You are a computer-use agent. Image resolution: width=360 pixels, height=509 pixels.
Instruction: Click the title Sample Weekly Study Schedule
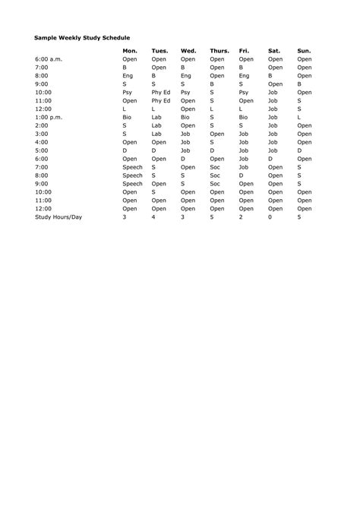(82, 36)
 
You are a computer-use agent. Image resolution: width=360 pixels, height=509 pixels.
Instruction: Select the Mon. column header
(130, 51)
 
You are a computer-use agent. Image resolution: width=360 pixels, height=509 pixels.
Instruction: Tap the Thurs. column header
(219, 51)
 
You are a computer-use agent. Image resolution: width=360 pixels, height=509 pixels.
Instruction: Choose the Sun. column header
(304, 51)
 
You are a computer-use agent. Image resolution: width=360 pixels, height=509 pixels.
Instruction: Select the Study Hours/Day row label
(58, 217)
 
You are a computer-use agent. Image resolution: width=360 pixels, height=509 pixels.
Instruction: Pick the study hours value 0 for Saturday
(270, 217)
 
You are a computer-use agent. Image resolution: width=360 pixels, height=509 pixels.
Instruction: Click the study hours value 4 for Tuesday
(153, 217)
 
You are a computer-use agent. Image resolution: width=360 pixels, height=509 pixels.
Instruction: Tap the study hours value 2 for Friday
(241, 217)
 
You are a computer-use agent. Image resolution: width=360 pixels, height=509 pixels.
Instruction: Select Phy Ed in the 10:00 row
(161, 92)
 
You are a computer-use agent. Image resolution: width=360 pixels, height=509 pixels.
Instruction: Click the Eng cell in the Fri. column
(244, 75)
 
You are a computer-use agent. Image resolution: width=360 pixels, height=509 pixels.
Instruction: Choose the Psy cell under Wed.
(185, 92)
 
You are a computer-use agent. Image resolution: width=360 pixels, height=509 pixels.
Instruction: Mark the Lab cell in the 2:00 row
(157, 125)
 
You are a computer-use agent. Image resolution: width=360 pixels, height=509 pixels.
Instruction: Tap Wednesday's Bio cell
(185, 117)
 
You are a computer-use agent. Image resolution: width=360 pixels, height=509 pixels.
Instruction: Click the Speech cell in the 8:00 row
(132, 175)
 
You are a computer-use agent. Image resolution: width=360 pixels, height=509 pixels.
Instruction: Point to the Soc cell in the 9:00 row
(215, 184)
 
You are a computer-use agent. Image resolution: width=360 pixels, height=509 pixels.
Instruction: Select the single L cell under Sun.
(299, 117)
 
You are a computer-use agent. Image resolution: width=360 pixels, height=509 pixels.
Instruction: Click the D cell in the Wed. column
(182, 159)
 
